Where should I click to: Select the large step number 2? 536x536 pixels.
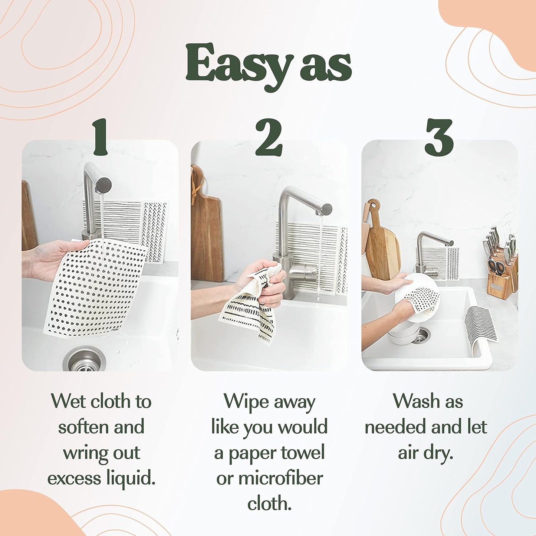point(269,137)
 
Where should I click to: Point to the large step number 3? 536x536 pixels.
point(439,137)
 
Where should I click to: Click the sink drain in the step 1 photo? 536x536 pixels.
point(85,359)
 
